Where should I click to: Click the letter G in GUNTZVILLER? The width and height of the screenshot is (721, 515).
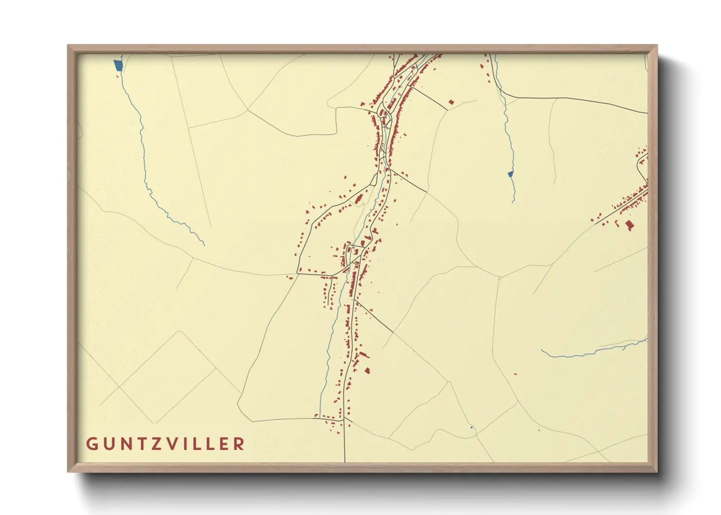point(92,444)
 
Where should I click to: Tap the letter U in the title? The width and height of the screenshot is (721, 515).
point(109,444)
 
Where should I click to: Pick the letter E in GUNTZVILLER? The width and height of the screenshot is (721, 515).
point(223,444)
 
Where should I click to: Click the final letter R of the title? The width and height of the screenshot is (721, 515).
point(239,444)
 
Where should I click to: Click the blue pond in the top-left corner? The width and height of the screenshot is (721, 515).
point(117,65)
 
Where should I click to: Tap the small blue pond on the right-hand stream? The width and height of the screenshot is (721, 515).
point(511,174)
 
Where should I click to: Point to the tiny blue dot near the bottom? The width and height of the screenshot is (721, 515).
point(472,427)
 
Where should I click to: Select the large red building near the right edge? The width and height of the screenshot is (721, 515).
point(629,225)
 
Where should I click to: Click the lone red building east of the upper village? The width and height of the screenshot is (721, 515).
point(451,102)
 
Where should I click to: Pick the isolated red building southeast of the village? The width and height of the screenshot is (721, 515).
point(367,371)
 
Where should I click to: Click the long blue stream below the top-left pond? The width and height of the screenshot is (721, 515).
point(146,170)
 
